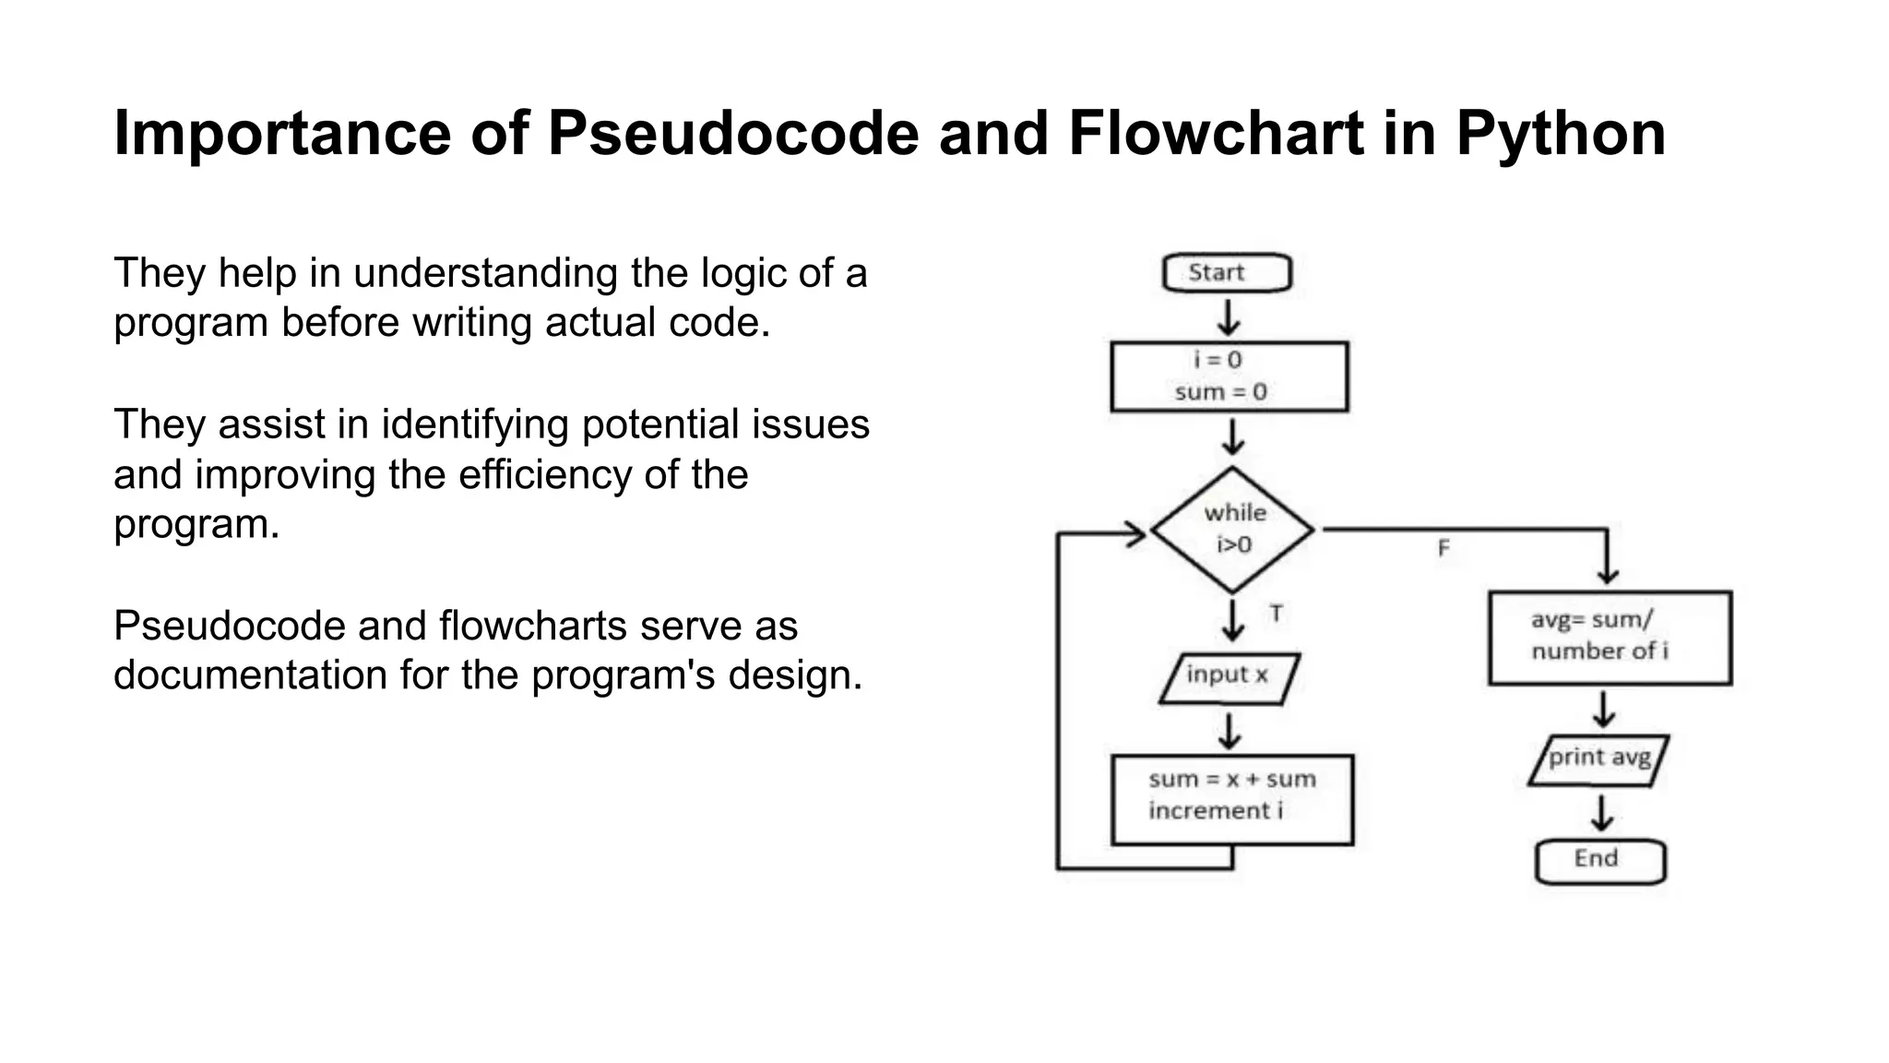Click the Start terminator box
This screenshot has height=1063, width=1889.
pyautogui.click(x=1227, y=273)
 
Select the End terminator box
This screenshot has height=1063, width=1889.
pyautogui.click(x=1600, y=860)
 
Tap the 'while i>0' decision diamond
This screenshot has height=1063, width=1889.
pyautogui.click(x=1233, y=530)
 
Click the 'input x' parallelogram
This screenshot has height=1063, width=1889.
pyautogui.click(x=1229, y=678)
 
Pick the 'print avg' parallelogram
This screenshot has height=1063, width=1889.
pyautogui.click(x=1598, y=759)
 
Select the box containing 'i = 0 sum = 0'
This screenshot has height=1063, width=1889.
pyautogui.click(x=1229, y=376)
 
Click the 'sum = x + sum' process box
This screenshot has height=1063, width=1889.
pyautogui.click(x=1232, y=799)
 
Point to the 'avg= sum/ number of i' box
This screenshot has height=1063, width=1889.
pyautogui.click(x=1610, y=638)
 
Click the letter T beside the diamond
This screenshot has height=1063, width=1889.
pyautogui.click(x=1276, y=614)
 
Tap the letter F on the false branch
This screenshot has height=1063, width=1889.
pyautogui.click(x=1443, y=549)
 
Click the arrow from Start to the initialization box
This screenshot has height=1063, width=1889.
pyautogui.click(x=1228, y=317)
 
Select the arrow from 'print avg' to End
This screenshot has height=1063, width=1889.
pyautogui.click(x=1602, y=813)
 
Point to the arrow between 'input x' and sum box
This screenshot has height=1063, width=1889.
pyautogui.click(x=1230, y=730)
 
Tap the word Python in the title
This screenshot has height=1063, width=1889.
pyautogui.click(x=1561, y=134)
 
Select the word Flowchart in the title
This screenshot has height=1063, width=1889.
pyautogui.click(x=1216, y=134)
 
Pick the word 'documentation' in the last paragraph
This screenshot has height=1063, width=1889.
pyautogui.click(x=249, y=675)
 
